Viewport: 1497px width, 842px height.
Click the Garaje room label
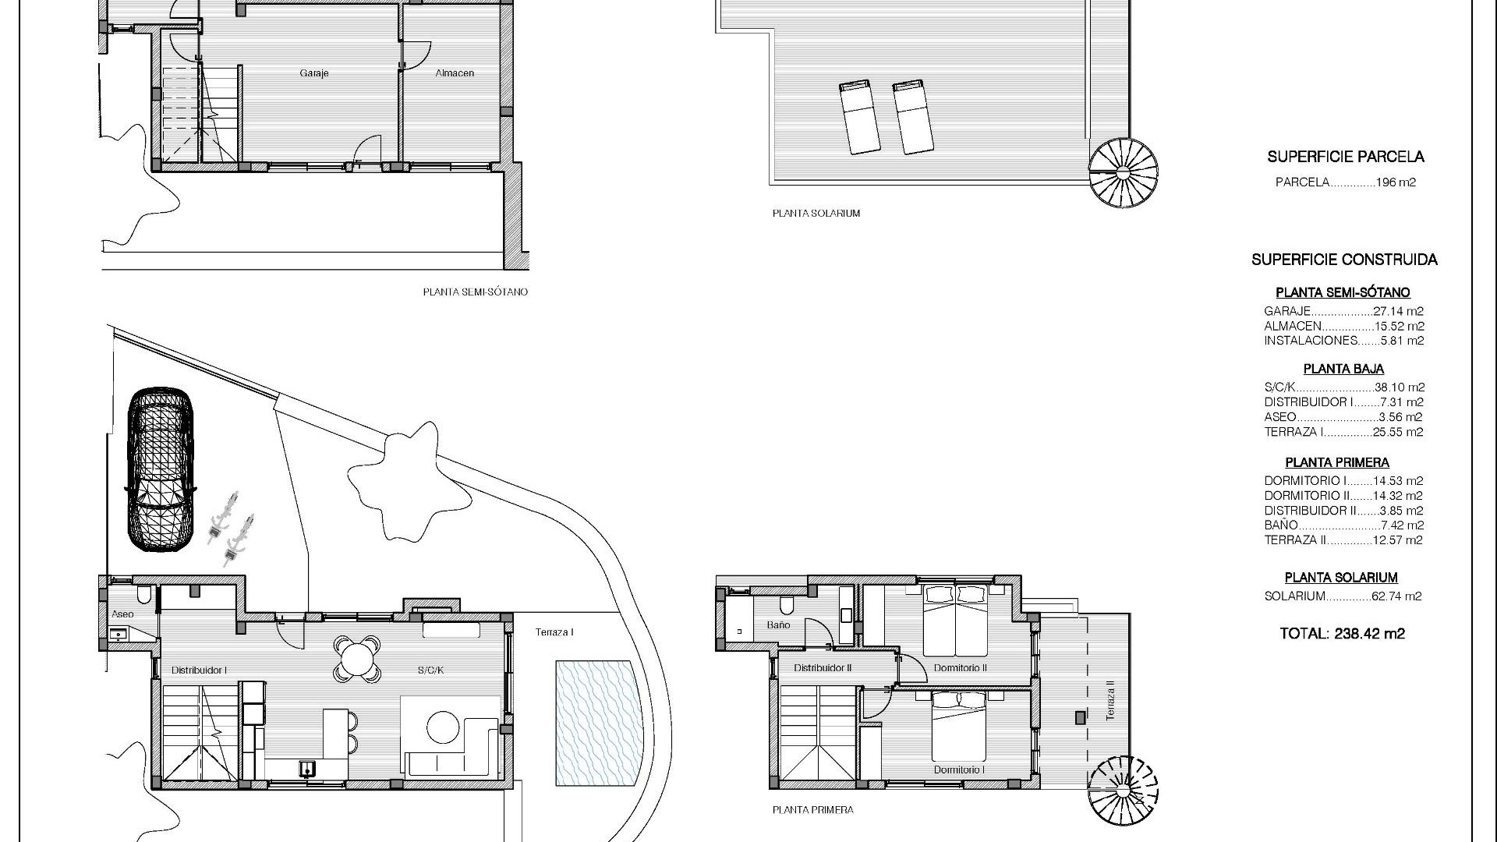click(314, 73)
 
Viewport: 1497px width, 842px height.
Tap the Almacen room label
click(455, 73)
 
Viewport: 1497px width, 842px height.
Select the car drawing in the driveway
click(161, 469)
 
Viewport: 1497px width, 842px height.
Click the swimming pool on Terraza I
click(597, 723)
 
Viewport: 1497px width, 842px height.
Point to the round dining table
click(357, 660)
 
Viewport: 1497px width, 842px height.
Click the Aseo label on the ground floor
click(122, 614)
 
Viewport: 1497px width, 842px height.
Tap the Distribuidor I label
click(199, 670)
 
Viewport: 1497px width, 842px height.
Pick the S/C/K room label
click(430, 670)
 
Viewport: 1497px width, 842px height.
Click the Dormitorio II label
click(961, 668)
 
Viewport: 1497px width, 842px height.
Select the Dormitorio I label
click(959, 770)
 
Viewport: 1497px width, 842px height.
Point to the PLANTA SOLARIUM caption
click(816, 213)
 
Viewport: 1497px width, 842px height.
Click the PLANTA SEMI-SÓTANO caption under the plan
click(476, 292)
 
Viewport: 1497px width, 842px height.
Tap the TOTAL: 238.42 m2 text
click(1343, 634)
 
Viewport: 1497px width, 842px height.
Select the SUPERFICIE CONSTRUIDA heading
click(1345, 260)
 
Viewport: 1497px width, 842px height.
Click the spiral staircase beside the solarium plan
click(1123, 172)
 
